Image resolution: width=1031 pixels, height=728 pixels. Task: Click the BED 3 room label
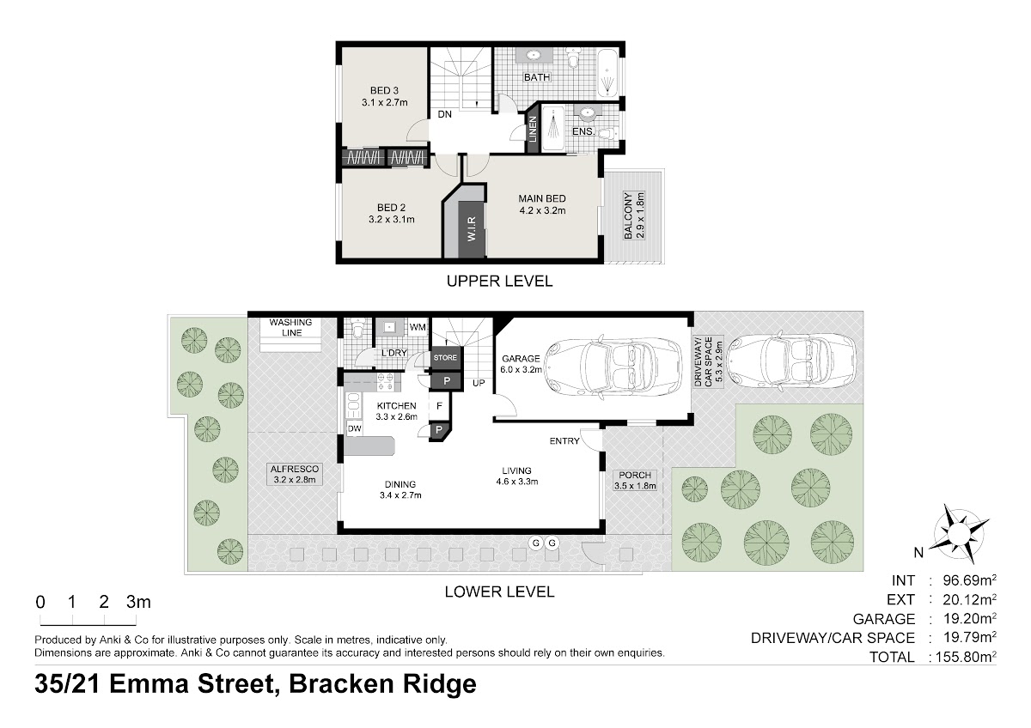(x=384, y=91)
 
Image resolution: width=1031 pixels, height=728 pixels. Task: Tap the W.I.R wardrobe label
(x=472, y=229)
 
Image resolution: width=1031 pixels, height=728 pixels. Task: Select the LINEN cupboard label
(x=533, y=129)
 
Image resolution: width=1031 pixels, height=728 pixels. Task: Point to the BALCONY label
(x=628, y=215)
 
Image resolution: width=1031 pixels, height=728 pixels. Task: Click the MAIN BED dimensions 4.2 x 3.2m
(x=542, y=210)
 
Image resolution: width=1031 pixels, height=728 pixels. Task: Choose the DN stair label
(x=445, y=114)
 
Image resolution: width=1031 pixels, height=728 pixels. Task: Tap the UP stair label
(x=479, y=383)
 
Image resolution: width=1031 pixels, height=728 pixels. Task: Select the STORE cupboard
(x=445, y=357)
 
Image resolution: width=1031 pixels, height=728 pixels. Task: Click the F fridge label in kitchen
(x=439, y=406)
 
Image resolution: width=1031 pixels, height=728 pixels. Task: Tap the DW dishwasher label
(x=354, y=428)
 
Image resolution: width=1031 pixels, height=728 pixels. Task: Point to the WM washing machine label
(x=418, y=327)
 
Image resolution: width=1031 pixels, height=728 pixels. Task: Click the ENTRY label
(x=564, y=441)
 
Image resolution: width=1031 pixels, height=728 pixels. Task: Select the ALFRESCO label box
(x=295, y=474)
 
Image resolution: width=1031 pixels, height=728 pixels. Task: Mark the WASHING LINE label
(x=291, y=327)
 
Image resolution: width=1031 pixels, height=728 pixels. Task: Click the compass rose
(x=959, y=533)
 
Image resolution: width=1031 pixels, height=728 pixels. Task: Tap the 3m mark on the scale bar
(x=138, y=602)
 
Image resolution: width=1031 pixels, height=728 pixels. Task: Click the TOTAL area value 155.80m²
(x=963, y=656)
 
